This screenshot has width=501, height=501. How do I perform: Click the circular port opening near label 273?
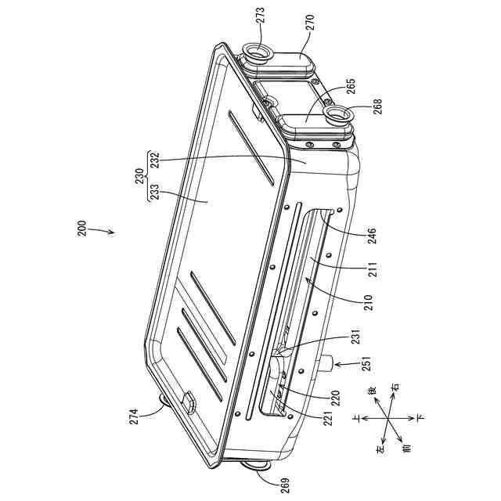point(256,53)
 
